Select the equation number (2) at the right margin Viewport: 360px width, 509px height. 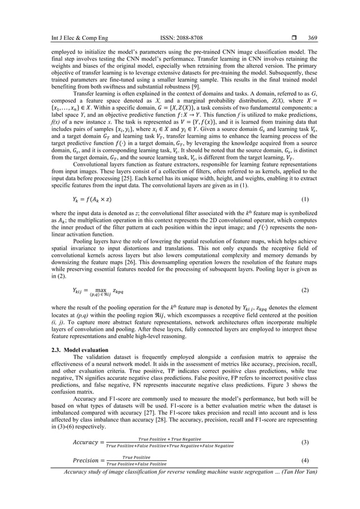point(305,289)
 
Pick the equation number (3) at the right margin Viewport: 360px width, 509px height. point(305,441)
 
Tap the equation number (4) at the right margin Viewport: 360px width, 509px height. point(305,460)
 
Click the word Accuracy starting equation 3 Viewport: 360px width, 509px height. point(88,441)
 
